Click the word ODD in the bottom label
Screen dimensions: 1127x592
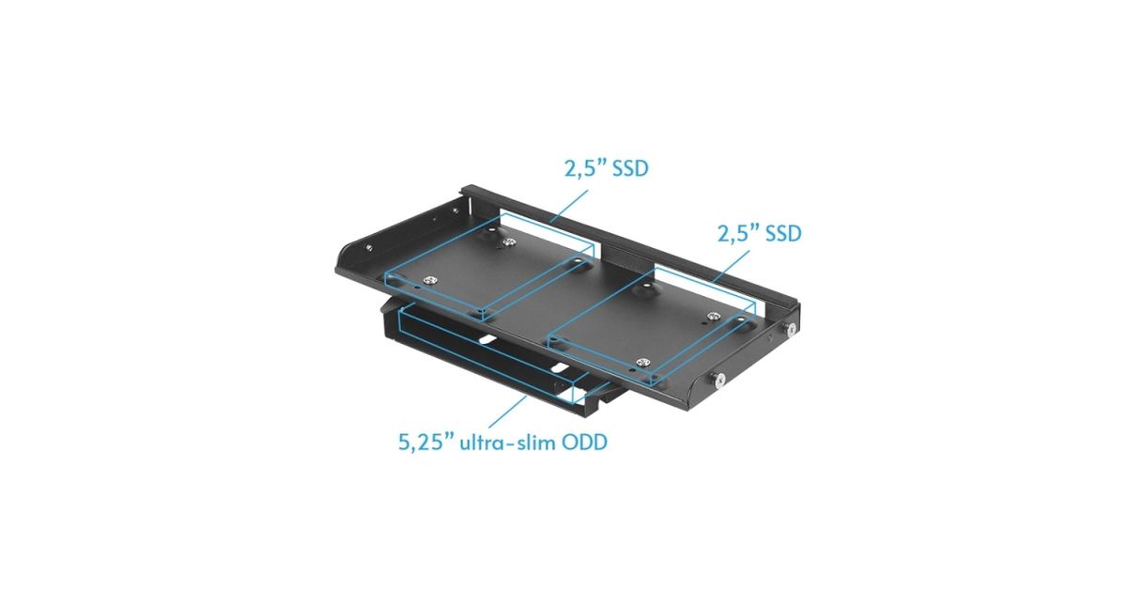click(x=584, y=443)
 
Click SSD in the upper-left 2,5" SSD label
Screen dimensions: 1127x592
click(x=628, y=168)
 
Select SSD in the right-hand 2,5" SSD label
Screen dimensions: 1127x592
click(x=781, y=234)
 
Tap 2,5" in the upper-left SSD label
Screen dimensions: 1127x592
click(x=583, y=168)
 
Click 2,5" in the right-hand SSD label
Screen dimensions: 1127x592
click(x=736, y=234)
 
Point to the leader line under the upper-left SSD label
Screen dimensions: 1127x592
click(x=569, y=206)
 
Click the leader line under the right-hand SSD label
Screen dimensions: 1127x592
click(x=730, y=266)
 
